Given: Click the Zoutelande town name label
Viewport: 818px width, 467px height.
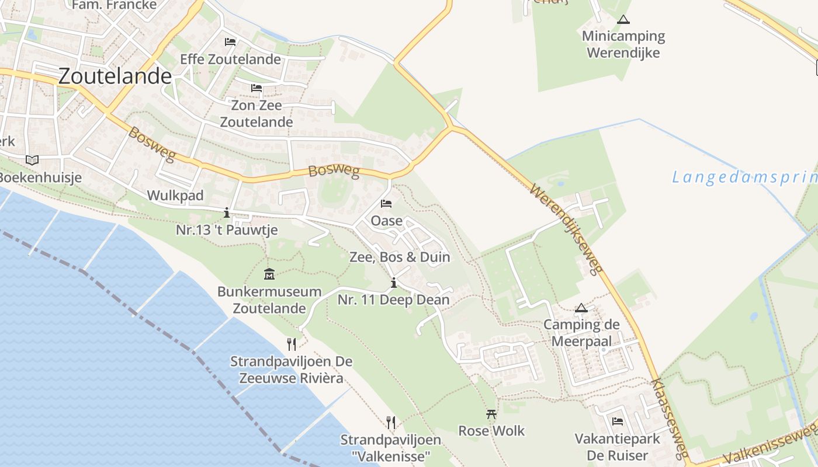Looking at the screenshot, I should point(115,76).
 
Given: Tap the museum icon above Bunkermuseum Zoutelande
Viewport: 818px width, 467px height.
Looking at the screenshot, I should point(269,274).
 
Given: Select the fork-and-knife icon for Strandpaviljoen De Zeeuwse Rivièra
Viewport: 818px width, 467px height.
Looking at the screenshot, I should point(292,344).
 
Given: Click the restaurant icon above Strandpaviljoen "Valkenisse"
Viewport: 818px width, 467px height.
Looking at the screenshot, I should point(391,422).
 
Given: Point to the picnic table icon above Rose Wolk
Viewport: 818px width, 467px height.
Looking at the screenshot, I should point(491,414).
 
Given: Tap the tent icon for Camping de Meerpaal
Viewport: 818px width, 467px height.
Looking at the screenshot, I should point(581,308).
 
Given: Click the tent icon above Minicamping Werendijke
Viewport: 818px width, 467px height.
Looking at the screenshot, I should point(623,19).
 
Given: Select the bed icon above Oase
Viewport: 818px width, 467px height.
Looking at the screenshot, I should point(386,204).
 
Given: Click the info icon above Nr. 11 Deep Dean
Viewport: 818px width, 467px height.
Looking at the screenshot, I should point(394,283).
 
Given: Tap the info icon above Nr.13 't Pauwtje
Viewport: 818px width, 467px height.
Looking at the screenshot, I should point(227,213).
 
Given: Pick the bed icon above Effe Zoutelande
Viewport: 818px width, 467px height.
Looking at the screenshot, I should point(230,42).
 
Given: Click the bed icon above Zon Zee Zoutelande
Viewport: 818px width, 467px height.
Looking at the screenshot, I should point(257,89).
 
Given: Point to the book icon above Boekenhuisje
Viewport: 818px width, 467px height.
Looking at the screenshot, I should point(32,160).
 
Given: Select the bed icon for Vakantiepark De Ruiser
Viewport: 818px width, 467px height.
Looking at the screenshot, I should point(618,421).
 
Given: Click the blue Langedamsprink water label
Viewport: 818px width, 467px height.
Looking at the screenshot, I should point(745,177).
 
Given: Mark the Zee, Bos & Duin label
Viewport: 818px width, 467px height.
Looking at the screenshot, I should point(400,257).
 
